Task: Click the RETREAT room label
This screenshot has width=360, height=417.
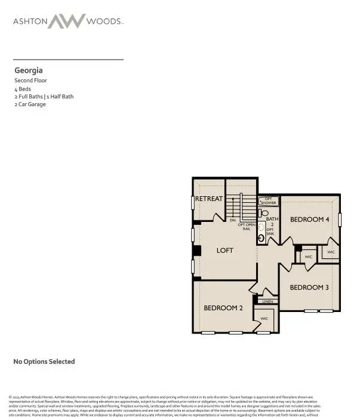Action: click(x=209, y=199)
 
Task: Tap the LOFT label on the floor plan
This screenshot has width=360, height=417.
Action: click(x=224, y=251)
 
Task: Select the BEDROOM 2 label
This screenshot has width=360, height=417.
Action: click(x=223, y=308)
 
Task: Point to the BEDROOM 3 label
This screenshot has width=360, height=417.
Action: click(x=309, y=287)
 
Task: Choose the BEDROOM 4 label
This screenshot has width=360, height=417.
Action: click(x=309, y=220)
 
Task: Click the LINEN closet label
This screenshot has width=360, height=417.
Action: click(x=267, y=301)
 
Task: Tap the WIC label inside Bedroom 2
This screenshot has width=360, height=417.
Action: click(x=264, y=319)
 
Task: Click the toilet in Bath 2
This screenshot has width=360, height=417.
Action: click(x=265, y=212)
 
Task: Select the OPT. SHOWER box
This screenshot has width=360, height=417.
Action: click(x=269, y=201)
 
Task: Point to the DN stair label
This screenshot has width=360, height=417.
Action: click(x=233, y=220)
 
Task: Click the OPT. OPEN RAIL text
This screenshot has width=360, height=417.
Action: click(x=247, y=227)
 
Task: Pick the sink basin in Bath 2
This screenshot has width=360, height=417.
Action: click(x=261, y=238)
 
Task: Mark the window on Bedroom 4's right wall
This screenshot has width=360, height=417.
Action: click(x=339, y=219)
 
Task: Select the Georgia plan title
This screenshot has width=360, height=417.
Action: click(x=28, y=70)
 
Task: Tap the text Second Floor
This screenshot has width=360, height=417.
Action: click(x=31, y=80)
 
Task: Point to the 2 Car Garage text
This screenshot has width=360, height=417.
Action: click(x=30, y=104)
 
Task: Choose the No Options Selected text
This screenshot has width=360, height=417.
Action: click(x=44, y=362)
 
